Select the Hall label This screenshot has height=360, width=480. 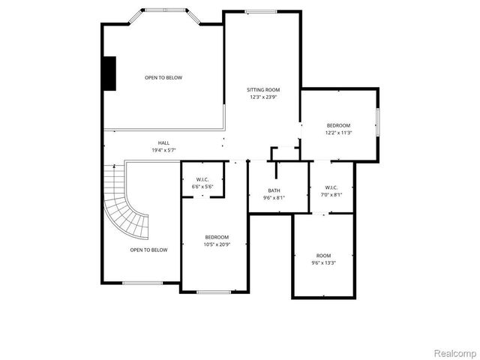point(163,142)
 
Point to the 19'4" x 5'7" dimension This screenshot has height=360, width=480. point(163,150)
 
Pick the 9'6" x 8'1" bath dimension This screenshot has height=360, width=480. point(274,198)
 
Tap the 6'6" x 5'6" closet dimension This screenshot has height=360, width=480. point(202,187)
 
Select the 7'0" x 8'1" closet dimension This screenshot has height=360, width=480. point(332,194)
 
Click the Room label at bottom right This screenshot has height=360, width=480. point(323,255)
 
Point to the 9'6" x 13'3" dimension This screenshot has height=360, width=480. point(323,262)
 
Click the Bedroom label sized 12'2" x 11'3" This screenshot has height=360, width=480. point(338,125)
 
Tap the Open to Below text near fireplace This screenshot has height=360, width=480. point(163,77)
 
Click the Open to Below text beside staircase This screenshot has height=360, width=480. point(148,250)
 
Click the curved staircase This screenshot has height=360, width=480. point(124,202)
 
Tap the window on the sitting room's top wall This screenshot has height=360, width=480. point(260,11)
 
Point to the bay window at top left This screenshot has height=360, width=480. point(163,13)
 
